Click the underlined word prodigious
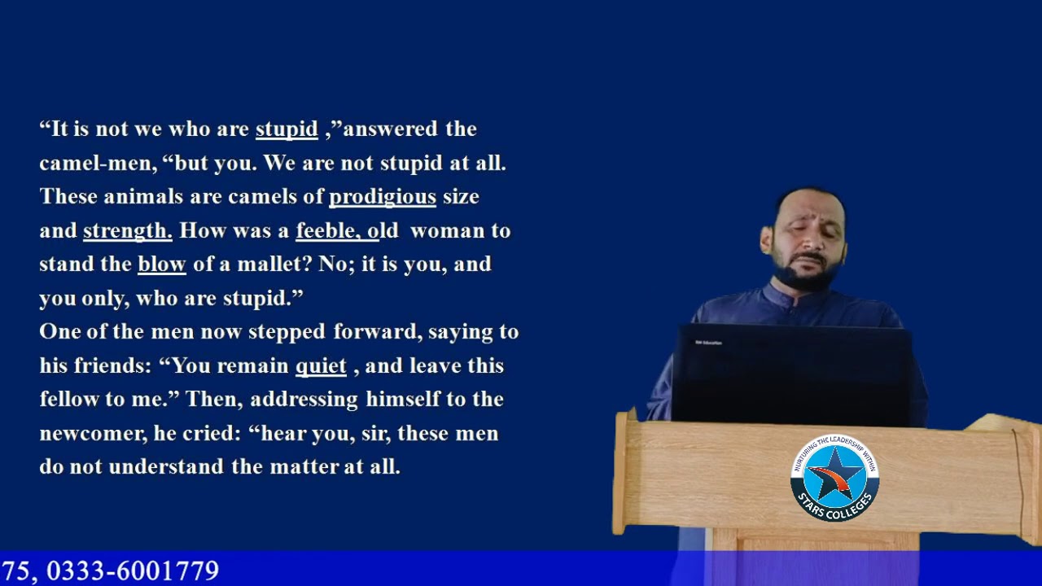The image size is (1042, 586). (x=382, y=197)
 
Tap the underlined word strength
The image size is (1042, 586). (x=127, y=231)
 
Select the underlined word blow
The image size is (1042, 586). (x=162, y=265)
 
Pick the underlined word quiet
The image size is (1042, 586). (x=321, y=366)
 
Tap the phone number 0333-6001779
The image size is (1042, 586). (x=133, y=571)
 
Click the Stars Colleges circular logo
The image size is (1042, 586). (x=834, y=479)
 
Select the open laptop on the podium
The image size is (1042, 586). (x=791, y=374)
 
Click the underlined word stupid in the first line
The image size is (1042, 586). (x=287, y=129)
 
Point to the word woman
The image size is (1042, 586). (x=448, y=231)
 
